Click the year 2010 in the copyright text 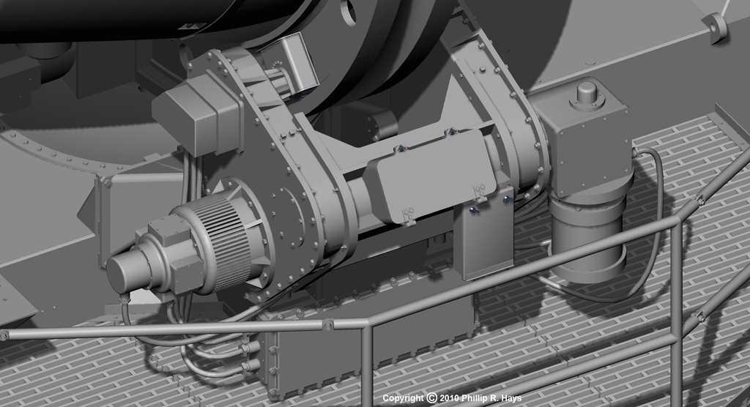[449, 398]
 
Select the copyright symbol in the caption [432, 398]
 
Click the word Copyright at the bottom [404, 398]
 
